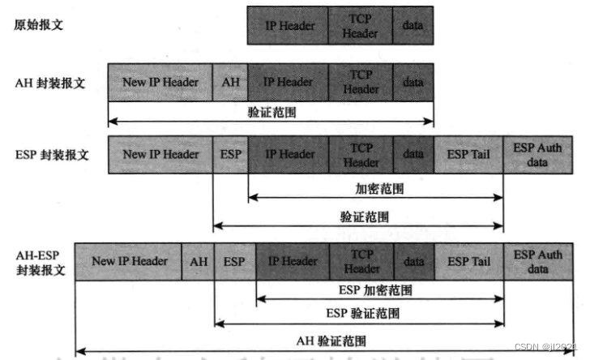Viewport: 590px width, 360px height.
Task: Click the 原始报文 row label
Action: [39, 25]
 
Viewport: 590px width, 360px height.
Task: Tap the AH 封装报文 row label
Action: [51, 83]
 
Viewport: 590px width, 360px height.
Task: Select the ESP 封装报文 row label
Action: [53, 154]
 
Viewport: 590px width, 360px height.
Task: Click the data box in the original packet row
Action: [413, 25]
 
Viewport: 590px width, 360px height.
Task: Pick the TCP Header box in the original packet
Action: [360, 26]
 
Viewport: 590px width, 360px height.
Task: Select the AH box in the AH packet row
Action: [231, 82]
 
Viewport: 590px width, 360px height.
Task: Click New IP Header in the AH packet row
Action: [160, 82]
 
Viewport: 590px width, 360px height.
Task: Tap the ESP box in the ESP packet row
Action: [231, 154]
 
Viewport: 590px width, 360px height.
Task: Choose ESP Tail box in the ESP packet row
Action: [468, 154]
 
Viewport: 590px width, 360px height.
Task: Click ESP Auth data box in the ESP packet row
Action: [537, 154]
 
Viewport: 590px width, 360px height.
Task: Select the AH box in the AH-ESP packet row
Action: [199, 261]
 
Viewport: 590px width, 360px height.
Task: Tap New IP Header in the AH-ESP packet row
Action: [130, 261]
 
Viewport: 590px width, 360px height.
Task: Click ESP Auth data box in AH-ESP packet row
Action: [538, 261]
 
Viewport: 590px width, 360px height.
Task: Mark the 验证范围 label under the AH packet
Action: [271, 113]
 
